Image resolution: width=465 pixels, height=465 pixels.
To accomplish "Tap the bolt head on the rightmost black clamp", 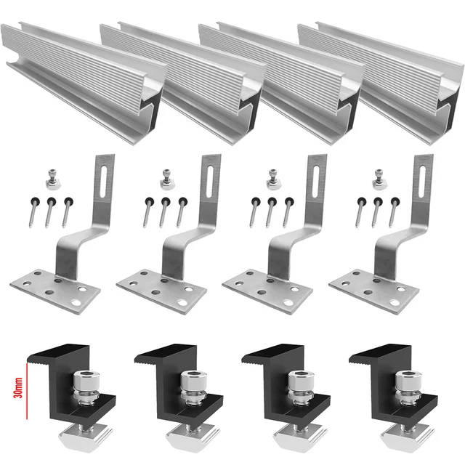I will click(403, 381).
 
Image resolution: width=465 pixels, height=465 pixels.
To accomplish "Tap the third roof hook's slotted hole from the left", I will click(318, 178).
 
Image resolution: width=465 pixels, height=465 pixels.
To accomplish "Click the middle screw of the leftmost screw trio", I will click(51, 213).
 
